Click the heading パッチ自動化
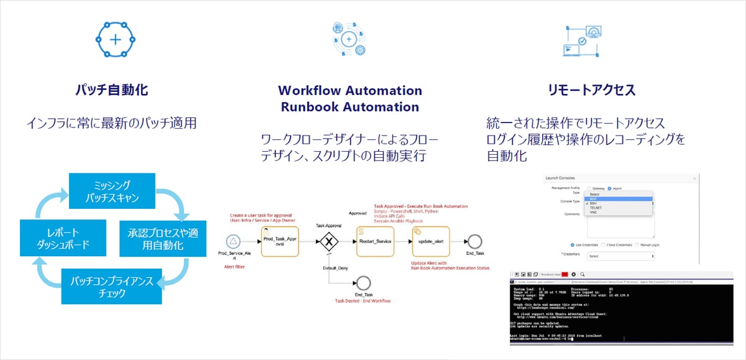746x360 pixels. click(x=116, y=90)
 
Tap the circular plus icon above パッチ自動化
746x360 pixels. click(x=115, y=39)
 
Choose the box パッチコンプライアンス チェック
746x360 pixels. click(x=112, y=285)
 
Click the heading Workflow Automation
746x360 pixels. click(x=350, y=90)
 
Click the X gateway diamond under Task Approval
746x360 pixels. click(x=328, y=241)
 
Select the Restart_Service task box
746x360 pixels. click(x=375, y=240)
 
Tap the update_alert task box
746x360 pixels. click(x=430, y=240)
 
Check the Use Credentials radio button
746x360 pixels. click(x=572, y=244)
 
